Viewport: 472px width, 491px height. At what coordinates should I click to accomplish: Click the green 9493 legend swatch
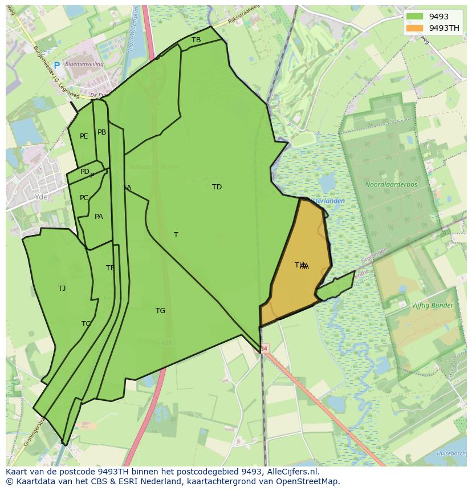coord(414,17)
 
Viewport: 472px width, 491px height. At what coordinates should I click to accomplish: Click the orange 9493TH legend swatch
coord(414,28)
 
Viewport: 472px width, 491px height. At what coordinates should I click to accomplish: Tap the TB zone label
coord(196,40)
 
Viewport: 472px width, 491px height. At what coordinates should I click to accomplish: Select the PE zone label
coord(84,136)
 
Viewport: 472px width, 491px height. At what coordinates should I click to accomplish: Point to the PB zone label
coord(101,132)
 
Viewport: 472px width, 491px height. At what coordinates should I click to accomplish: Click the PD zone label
coord(84,172)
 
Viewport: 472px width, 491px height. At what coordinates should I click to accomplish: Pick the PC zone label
coord(84,198)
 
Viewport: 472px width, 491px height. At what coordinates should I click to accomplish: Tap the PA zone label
coord(99,217)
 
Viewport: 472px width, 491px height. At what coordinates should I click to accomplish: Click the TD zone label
coord(217,187)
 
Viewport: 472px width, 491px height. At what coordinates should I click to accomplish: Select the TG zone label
coord(160,311)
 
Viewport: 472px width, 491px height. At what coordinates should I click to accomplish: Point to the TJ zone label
coord(62,289)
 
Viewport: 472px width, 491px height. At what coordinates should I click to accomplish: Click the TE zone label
coord(110,268)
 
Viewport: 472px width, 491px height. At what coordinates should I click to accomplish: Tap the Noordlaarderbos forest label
coord(391,185)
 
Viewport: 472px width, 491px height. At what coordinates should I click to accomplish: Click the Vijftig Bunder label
coord(432,306)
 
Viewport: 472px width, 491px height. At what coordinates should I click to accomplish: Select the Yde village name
coord(41,197)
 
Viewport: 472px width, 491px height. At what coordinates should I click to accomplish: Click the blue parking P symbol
coord(56,66)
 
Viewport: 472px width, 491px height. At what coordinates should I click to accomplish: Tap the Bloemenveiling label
coord(84,64)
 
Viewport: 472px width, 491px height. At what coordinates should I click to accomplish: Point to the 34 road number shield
coord(263,348)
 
